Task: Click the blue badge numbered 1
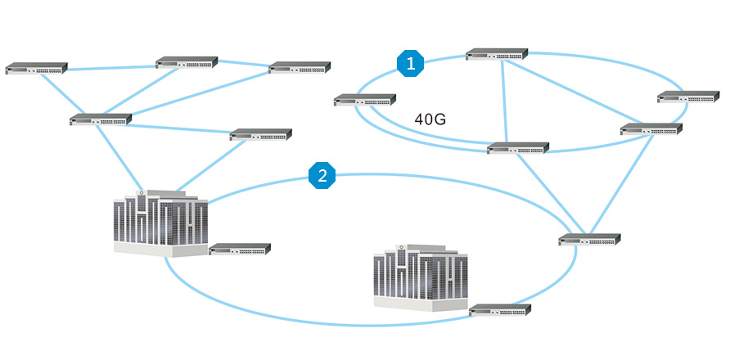point(410,63)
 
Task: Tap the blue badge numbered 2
point(322,176)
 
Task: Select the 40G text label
point(430,119)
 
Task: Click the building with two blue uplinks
point(160,223)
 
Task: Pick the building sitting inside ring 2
point(421,277)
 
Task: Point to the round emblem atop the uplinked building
point(141,192)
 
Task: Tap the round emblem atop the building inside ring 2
point(401,246)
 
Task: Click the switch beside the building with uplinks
point(240,250)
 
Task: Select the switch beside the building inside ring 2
point(500,310)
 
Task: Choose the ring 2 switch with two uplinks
point(589,240)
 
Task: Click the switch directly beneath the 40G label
point(518,148)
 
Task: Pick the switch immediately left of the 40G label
point(365,100)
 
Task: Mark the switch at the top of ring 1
point(497,54)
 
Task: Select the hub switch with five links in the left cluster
point(101,119)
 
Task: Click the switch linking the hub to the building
point(261,135)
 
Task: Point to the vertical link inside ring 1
point(505,101)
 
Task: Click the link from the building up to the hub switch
point(117,157)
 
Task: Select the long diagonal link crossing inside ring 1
point(575,92)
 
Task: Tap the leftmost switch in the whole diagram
point(36,69)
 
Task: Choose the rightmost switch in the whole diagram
point(688,97)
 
